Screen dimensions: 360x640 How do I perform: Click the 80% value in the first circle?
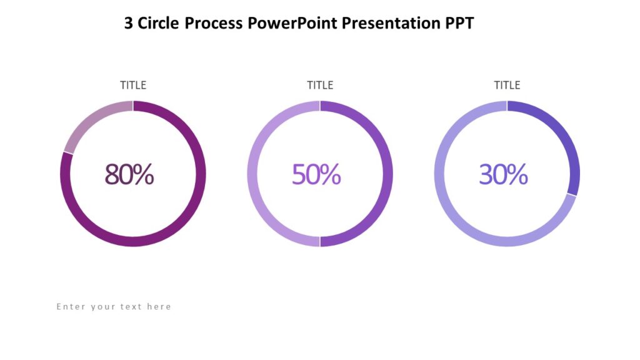[129, 174]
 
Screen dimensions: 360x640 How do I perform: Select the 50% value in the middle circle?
[316, 174]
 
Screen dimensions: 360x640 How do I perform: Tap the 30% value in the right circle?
[503, 174]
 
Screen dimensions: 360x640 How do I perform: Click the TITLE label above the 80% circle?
[133, 85]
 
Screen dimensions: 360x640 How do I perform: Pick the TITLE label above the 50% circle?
[320, 85]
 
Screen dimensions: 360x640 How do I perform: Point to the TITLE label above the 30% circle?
[507, 85]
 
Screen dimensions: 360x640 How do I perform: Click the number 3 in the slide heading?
[128, 24]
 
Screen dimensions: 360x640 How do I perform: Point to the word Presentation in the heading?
[384, 24]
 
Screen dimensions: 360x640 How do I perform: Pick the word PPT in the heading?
[461, 24]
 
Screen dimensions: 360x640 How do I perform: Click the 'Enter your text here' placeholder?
[114, 307]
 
